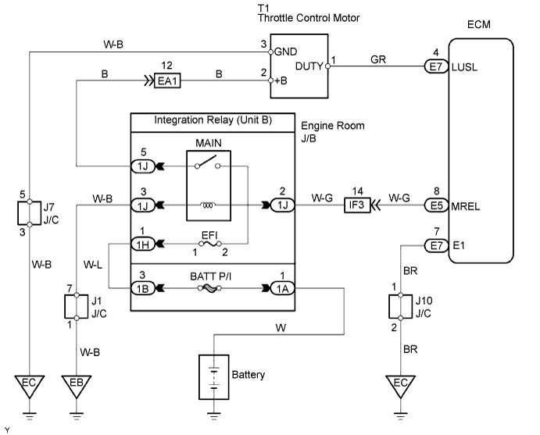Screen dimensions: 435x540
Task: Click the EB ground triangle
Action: pos(77,386)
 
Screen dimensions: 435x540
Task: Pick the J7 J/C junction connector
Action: pos(29,212)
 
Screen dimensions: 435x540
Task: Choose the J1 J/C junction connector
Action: pos(77,308)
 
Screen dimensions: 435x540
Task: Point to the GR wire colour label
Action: pos(379,59)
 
